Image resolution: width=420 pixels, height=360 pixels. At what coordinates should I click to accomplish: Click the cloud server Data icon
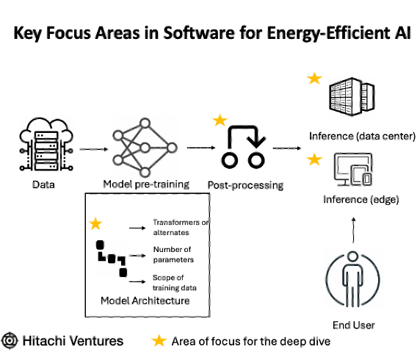[x=46, y=145]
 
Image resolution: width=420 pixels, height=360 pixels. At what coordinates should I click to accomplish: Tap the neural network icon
[x=145, y=148]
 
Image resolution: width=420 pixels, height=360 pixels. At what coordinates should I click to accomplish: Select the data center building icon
[x=352, y=96]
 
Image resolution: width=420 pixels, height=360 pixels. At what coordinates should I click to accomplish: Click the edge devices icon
[x=353, y=170]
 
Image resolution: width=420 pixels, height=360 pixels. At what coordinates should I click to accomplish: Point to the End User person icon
[x=352, y=278]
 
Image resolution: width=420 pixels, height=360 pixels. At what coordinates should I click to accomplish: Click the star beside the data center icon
[x=314, y=79]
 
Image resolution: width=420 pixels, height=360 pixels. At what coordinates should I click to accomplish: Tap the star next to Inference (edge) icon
[x=314, y=159]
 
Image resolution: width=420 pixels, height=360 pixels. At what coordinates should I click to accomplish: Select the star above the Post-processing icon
[x=220, y=120]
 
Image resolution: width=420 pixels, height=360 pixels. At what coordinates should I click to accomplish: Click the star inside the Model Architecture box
[x=95, y=224]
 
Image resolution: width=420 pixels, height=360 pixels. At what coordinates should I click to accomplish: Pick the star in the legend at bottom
[x=159, y=341]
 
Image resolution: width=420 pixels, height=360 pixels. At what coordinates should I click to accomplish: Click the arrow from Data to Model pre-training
[x=94, y=149]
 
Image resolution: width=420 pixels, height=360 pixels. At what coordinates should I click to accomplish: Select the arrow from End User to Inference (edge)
[x=353, y=230]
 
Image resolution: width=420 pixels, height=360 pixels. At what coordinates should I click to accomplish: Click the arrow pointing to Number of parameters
[x=137, y=256]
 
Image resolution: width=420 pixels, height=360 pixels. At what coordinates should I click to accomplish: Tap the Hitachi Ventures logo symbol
[x=10, y=341]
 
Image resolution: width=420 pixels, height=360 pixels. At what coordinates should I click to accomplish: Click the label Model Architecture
[x=145, y=300]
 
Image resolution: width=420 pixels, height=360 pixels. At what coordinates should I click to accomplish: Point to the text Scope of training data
[x=174, y=283]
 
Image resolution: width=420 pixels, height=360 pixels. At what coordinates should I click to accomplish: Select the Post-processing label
[x=246, y=185]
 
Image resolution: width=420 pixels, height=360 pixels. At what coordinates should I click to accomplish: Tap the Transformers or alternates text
[x=181, y=227]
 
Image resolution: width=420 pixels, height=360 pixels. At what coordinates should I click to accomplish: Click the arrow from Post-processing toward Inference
[x=286, y=148]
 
